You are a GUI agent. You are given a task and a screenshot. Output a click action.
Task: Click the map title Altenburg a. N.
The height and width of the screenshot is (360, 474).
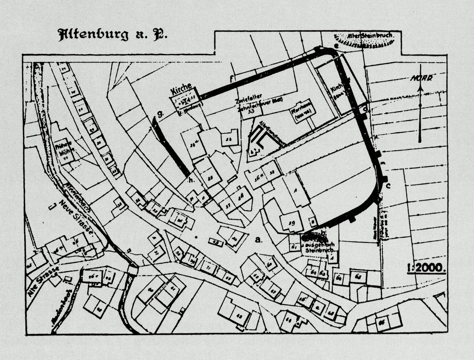coord(113,35)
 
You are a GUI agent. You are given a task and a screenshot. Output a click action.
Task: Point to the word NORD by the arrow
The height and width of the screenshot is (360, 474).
coord(421,78)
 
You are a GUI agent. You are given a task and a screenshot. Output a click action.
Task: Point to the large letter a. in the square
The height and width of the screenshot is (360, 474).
coord(259,240)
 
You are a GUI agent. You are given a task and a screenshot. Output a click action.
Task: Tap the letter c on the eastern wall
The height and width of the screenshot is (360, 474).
coord(388,186)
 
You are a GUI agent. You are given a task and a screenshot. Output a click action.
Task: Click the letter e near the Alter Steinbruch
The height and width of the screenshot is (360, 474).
coord(336,46)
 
